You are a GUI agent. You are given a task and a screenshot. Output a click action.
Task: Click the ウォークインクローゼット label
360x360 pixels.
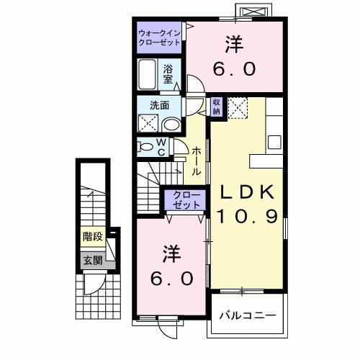(161, 37)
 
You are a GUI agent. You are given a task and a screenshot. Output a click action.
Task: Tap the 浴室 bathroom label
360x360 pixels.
(168, 74)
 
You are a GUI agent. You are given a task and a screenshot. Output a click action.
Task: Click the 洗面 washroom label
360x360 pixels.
(159, 104)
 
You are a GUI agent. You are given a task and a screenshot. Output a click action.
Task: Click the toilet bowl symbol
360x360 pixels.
(147, 146)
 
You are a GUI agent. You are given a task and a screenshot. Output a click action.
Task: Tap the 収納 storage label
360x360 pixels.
(216, 107)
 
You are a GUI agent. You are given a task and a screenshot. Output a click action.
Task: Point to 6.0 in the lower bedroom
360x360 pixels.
(172, 279)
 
